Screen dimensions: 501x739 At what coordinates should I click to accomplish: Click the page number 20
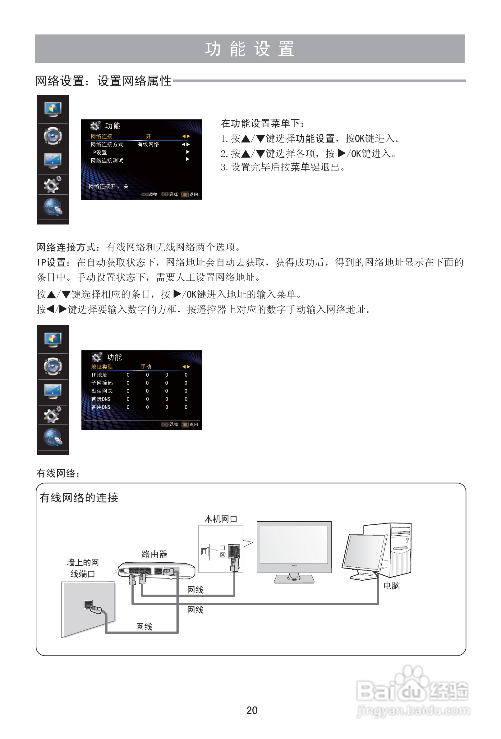[252, 710]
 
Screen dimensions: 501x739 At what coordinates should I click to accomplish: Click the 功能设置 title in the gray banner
[250, 49]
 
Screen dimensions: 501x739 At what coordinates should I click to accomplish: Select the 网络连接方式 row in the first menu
[107, 144]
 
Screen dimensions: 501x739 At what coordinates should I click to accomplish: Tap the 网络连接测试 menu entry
[107, 161]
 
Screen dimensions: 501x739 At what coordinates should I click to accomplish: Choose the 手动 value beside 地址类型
[146, 367]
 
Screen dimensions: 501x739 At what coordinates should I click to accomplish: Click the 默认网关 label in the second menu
[102, 391]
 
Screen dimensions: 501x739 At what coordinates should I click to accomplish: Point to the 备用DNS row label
[101, 407]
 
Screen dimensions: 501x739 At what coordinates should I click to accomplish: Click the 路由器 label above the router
[154, 554]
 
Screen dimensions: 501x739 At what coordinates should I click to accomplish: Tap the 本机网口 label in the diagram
[221, 519]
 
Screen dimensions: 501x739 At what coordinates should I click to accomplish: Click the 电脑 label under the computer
[392, 585]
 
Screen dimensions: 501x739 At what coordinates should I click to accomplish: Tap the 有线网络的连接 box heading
[79, 498]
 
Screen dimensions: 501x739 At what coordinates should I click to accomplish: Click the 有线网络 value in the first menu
[148, 144]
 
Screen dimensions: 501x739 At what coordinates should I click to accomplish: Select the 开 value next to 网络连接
[148, 136]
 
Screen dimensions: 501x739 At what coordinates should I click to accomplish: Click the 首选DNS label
[101, 399]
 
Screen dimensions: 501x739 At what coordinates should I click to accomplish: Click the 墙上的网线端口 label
[82, 568]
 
